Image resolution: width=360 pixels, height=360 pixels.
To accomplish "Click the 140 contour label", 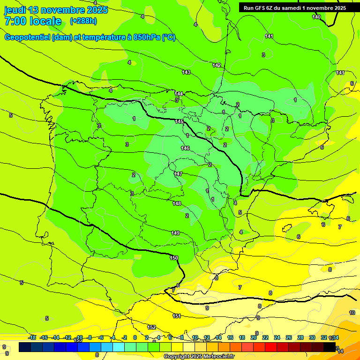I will pos(317,17).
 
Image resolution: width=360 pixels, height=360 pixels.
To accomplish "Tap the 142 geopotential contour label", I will pos(217,65).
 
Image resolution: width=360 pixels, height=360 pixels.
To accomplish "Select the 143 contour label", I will pos(186,72).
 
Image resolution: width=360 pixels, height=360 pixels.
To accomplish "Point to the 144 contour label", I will pos(179,94).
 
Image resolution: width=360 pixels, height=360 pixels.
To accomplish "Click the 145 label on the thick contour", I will pos(179,121).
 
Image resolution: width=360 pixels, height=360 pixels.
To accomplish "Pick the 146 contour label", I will pos(185,148).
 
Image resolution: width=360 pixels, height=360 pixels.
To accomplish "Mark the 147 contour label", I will pos(178,174).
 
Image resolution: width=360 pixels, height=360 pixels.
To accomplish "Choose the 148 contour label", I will pos(177,203).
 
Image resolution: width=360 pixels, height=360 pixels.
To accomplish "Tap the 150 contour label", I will pos(174,258).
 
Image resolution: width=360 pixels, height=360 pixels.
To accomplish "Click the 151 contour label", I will pos(177,316).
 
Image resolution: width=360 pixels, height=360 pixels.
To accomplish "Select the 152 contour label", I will pos(151,327).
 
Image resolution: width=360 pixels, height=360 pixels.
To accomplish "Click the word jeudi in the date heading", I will pos(15,10).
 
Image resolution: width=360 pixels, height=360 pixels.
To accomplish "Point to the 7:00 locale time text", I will pos(33,21).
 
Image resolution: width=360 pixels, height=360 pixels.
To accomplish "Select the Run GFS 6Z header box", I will pos(295,7).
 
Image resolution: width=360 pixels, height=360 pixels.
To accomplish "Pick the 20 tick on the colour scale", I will pos(254,337).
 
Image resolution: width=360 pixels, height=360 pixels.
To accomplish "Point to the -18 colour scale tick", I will pos(32,337).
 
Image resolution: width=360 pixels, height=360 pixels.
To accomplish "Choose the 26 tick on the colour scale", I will pos(289,337).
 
